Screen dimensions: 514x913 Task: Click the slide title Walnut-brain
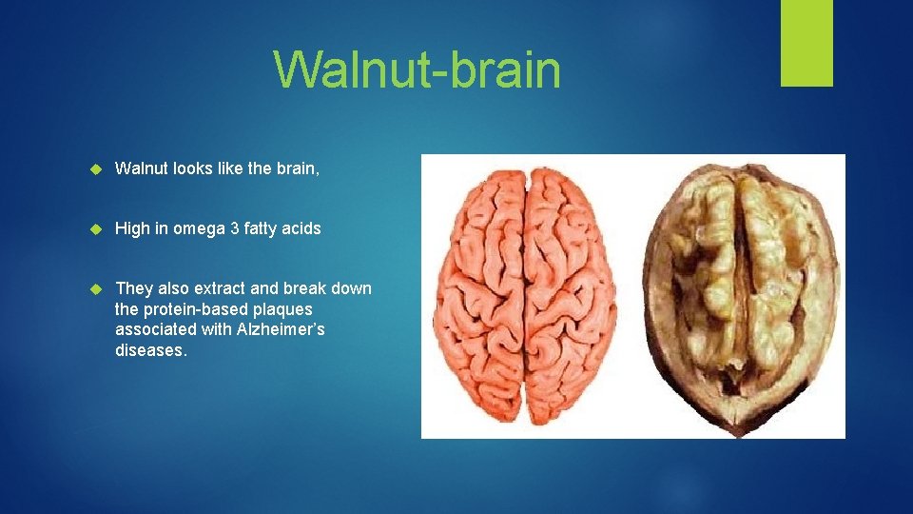pos(417,69)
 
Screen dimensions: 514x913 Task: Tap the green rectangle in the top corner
pos(806,42)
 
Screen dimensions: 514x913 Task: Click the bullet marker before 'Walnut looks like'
pos(95,169)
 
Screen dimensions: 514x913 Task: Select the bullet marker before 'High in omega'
pos(95,228)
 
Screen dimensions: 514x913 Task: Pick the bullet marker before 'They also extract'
pos(95,288)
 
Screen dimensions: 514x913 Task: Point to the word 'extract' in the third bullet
pos(221,288)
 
